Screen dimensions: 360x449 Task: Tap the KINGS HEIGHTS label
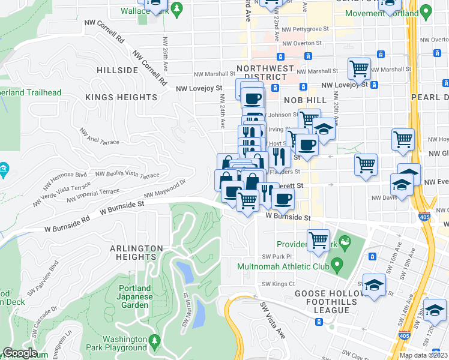pyautogui.click(x=121, y=97)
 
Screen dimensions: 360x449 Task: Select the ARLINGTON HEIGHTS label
pyautogui.click(x=136, y=253)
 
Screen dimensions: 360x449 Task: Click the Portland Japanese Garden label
pyautogui.click(x=133, y=296)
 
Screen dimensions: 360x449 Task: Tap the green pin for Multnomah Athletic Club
pyautogui.click(x=337, y=263)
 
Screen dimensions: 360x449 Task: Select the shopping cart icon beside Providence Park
pyautogui.click(x=318, y=239)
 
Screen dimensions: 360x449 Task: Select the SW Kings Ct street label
pyautogui.click(x=278, y=284)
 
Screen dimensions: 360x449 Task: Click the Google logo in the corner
pyautogui.click(x=20, y=353)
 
